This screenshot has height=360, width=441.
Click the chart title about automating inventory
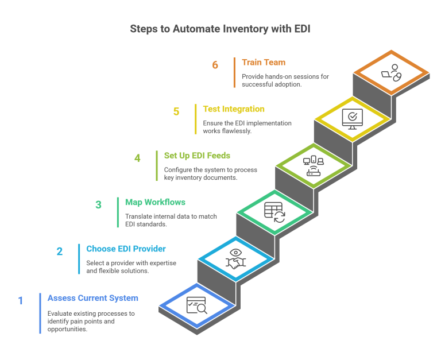pos(220,28)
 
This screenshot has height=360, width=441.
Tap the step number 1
pos(21,301)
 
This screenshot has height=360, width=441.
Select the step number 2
pos(60,251)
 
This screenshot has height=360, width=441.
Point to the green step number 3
pos(99,204)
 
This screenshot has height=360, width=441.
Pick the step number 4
pos(138,158)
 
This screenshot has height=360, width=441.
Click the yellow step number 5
pos(176,111)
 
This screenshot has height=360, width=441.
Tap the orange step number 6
pos(215,65)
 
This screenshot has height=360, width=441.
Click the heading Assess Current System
pos(93,298)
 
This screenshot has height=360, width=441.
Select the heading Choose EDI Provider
pos(126,249)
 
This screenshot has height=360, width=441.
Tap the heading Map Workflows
pos(155,202)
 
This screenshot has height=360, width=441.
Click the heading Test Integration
pos(234,109)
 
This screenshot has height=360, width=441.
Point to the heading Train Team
pos(264,62)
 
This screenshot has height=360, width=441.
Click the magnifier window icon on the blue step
pos(196,304)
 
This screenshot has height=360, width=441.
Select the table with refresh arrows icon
pos(274,211)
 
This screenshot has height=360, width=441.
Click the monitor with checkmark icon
pos(351,118)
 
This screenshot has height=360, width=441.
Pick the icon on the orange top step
pos(391,72)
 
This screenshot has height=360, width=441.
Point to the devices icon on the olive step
pos(313,165)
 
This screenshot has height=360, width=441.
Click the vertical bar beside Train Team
pos(234,72)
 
